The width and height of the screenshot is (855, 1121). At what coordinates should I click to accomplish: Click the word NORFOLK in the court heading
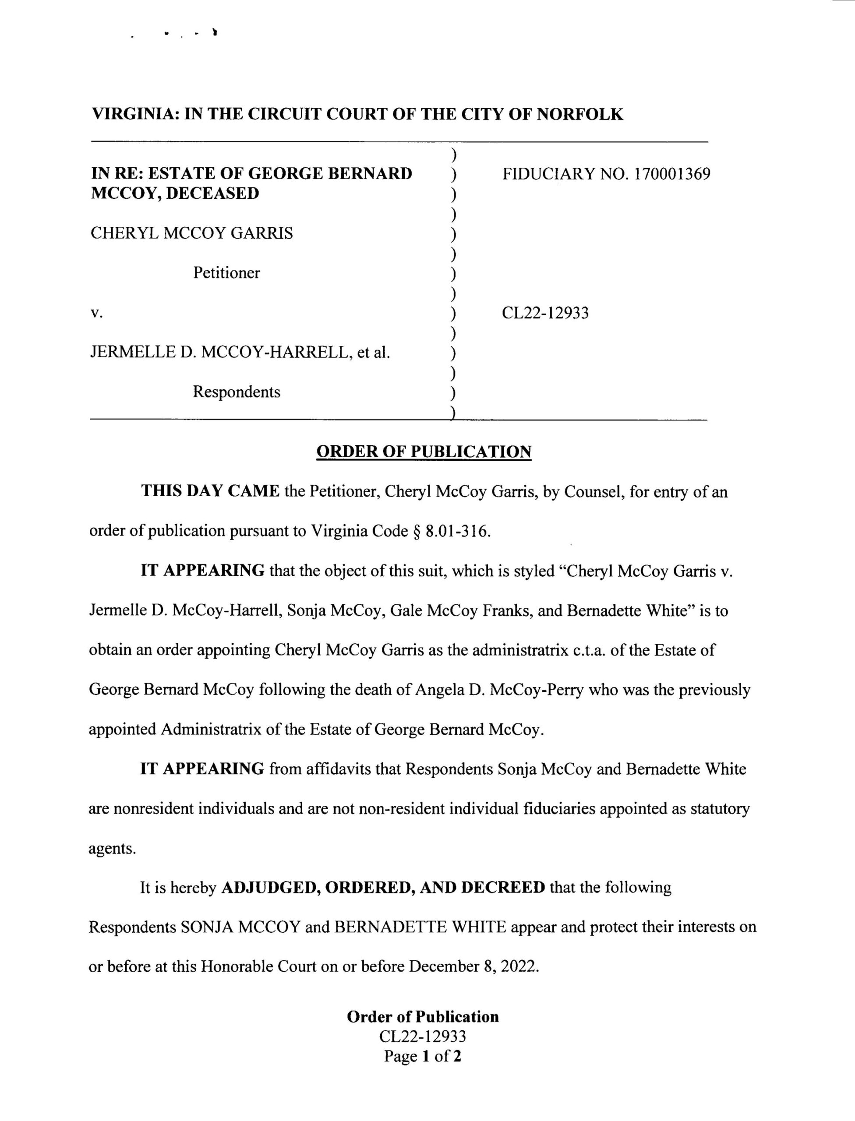(579, 114)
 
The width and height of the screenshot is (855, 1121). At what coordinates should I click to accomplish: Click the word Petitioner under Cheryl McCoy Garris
(226, 273)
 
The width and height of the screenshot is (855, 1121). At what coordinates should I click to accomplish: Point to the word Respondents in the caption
(236, 392)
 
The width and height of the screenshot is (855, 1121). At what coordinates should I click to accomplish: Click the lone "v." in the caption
(96, 313)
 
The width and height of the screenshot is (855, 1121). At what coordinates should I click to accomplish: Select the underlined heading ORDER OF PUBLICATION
(424, 451)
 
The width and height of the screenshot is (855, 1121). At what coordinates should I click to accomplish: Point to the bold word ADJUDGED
(270, 888)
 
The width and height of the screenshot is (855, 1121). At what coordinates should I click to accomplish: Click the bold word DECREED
(502, 888)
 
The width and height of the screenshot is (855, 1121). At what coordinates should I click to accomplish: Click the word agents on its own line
(112, 849)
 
